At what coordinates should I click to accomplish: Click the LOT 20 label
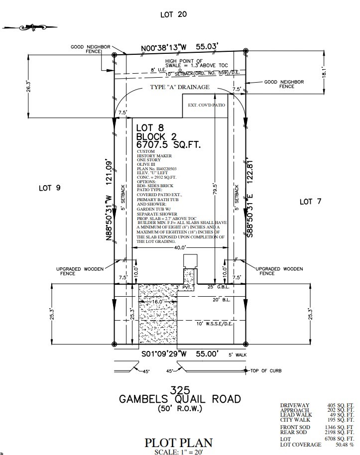(x=173, y=15)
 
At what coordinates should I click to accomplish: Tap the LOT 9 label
(x=49, y=188)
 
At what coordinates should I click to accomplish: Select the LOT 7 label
(x=313, y=201)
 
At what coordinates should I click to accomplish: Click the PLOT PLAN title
(x=179, y=442)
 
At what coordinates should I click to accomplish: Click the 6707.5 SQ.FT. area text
(x=168, y=145)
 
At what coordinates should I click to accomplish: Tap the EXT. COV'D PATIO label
(x=206, y=106)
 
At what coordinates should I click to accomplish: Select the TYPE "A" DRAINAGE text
(x=180, y=87)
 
